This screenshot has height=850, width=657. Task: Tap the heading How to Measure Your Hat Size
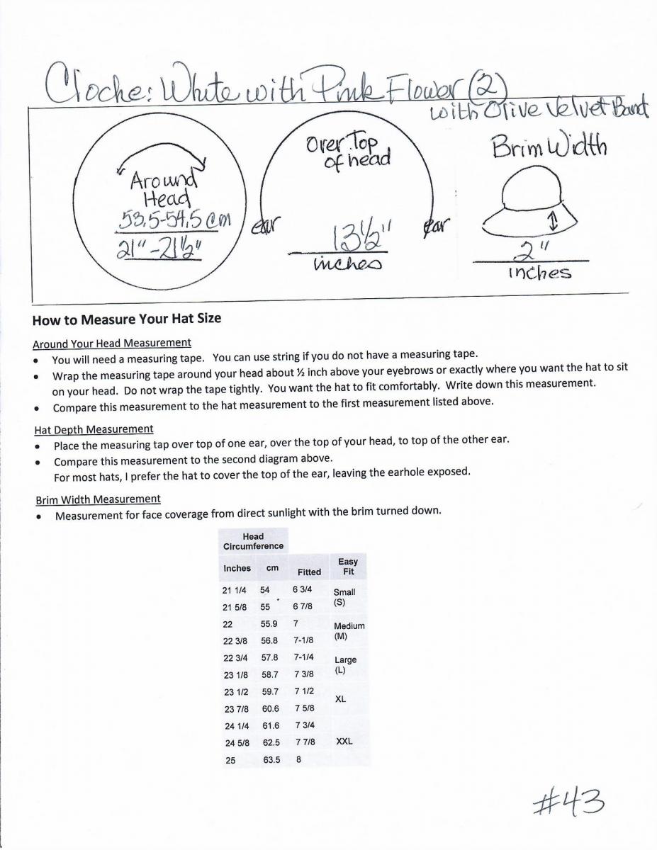pos(127,319)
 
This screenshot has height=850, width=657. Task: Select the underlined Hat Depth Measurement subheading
pos(94,429)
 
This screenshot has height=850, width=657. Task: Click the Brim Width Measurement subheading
pos(99,499)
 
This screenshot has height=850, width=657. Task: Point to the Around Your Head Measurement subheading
pos(112,344)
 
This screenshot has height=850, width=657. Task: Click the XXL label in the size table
pos(344,742)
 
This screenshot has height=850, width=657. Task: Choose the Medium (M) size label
pos(349,631)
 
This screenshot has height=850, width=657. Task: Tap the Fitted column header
pos(309,572)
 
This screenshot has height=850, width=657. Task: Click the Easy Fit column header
pos(348,567)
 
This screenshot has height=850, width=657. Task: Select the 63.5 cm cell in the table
pos(271,760)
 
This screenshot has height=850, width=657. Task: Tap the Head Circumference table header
pos(253,542)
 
